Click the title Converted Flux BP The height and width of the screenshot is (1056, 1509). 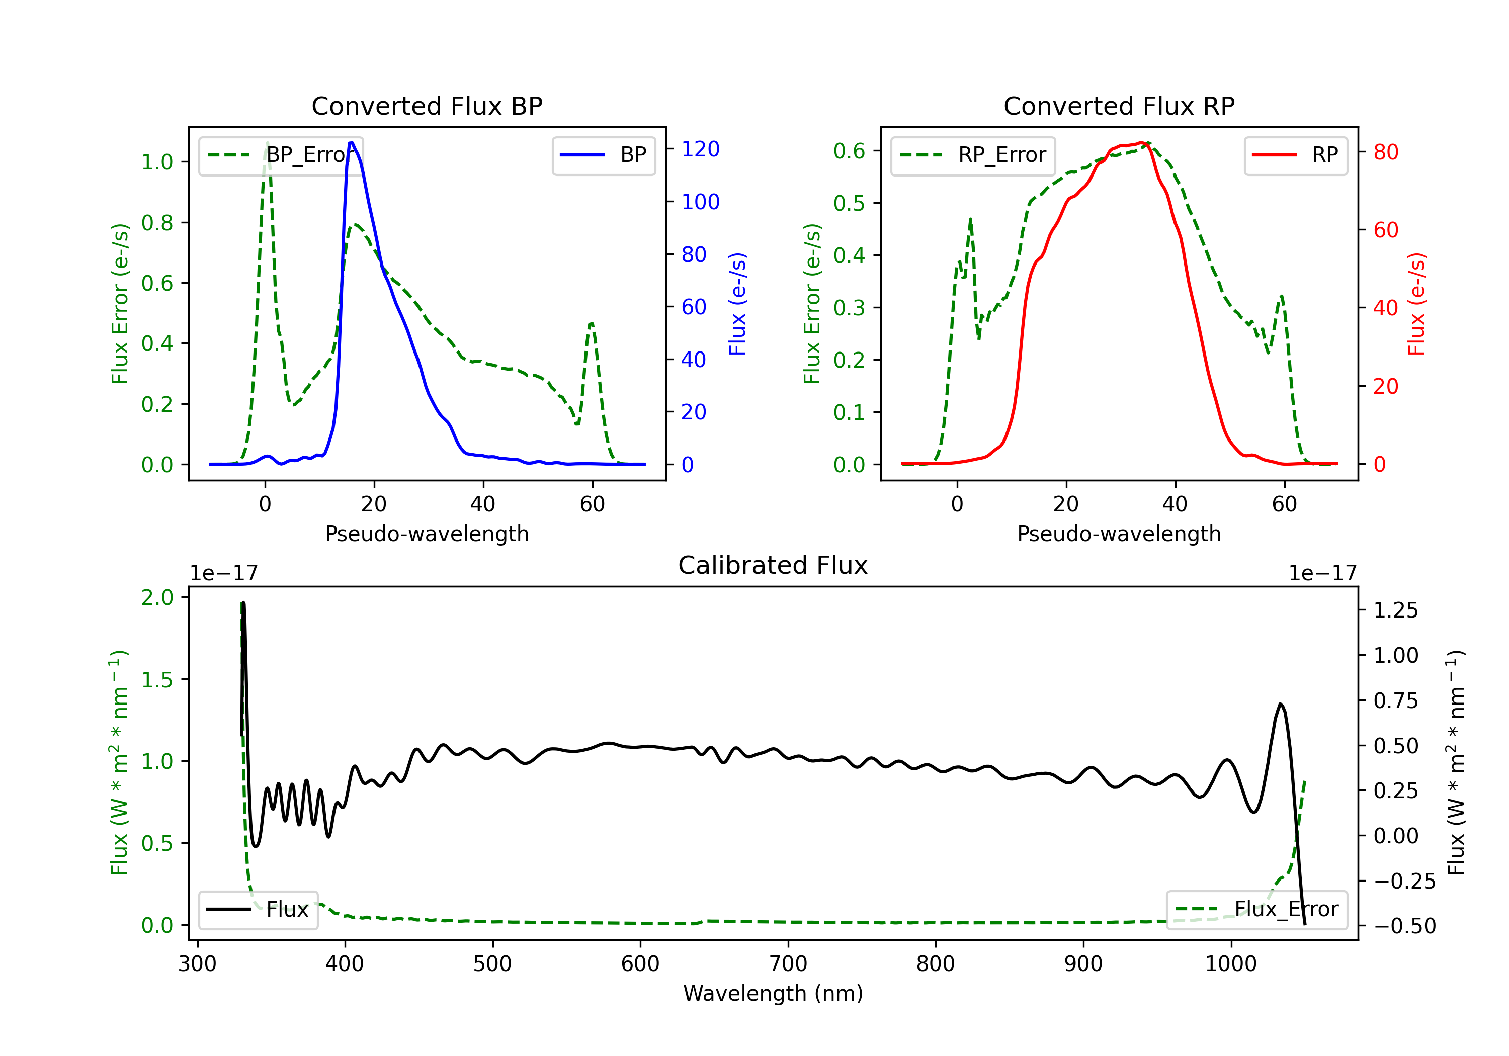(427, 106)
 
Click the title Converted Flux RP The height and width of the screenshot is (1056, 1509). (1119, 106)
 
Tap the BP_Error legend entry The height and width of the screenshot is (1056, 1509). (281, 155)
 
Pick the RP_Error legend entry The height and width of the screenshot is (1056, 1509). (973, 155)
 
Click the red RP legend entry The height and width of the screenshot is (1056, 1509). (1295, 155)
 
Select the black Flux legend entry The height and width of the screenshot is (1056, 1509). (259, 910)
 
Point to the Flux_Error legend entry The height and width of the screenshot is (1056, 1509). (1256, 910)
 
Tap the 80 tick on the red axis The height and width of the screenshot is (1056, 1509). (1385, 152)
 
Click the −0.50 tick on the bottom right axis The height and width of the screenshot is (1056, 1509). (1404, 926)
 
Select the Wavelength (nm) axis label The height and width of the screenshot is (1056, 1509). (773, 993)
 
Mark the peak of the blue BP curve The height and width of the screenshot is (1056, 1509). (352, 143)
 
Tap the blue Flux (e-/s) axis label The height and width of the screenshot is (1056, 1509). (737, 304)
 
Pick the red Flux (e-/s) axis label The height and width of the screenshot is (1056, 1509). (1416, 304)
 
